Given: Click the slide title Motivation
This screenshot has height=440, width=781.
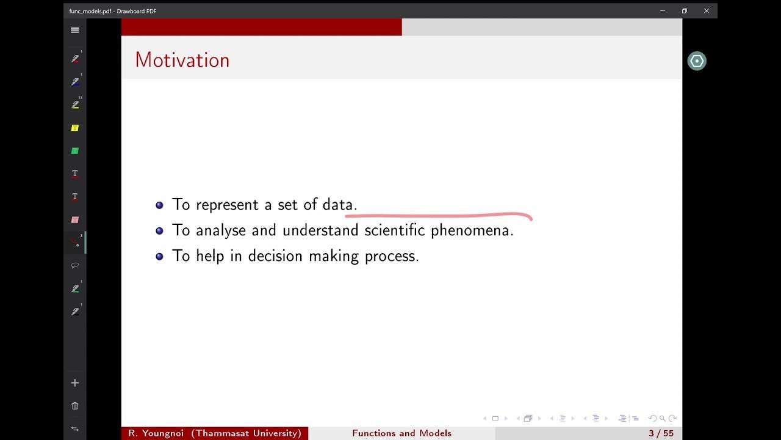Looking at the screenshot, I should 182,60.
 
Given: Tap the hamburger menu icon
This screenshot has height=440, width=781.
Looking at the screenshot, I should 75,30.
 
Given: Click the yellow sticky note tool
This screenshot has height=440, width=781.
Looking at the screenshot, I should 75,128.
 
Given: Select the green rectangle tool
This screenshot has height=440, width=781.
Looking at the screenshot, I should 75,151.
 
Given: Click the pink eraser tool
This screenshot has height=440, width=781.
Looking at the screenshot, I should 75,220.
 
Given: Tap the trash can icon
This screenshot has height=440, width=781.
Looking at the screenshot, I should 75,406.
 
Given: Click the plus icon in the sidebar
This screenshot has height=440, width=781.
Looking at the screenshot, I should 75,383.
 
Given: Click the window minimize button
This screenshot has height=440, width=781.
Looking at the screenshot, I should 663,11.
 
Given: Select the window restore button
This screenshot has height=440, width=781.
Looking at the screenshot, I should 685,11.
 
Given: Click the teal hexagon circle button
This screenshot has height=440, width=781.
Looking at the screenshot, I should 696,61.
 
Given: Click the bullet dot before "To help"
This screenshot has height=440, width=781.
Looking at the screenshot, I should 160,257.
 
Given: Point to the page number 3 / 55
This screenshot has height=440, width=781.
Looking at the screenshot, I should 661,433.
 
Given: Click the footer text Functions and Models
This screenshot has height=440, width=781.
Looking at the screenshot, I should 401,433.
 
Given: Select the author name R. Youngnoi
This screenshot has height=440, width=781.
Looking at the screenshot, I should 157,433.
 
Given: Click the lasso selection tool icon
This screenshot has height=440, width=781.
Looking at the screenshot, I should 75,265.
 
